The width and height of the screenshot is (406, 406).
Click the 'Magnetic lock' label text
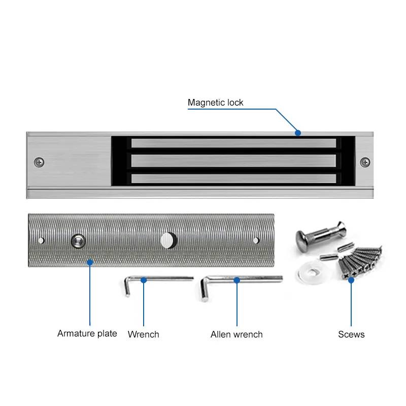tap(215, 103)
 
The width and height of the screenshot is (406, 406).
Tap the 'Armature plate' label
tap(87, 333)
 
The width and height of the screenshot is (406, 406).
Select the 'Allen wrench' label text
tap(236, 334)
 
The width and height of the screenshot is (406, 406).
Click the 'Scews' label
tap(351, 334)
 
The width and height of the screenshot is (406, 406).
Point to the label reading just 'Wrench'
tap(143, 334)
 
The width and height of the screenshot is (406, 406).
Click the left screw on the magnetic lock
tap(39, 162)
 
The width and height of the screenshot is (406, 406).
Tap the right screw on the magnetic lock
tap(365, 162)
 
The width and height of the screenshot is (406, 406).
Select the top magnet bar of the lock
tap(233, 143)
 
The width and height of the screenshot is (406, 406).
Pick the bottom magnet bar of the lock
tap(233, 178)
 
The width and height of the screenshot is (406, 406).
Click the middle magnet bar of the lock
tap(233, 161)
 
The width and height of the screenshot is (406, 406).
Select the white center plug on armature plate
tap(167, 240)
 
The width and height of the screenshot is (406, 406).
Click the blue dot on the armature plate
tap(90, 262)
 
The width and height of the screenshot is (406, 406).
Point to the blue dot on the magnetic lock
tap(298, 133)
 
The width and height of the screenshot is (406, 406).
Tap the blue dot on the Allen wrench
tap(236, 279)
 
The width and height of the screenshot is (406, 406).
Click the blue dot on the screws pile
tap(351, 279)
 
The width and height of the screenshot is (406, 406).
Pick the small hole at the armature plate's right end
tap(256, 240)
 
